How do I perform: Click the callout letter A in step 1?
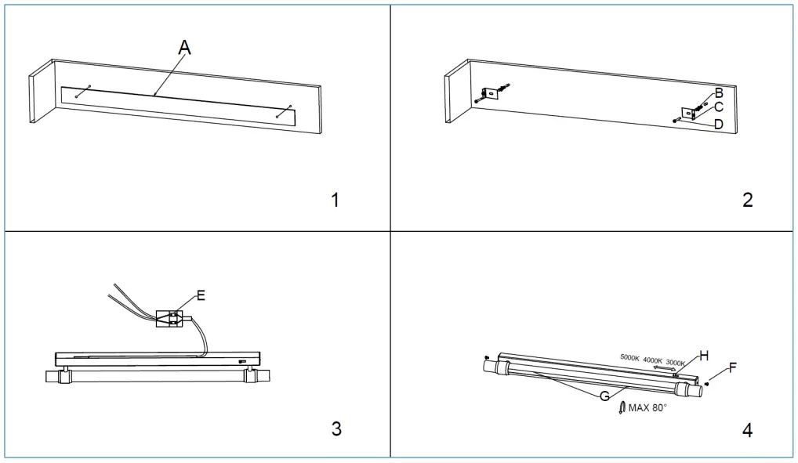tap(184, 49)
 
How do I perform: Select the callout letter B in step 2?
tap(719, 92)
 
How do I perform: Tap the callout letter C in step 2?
tap(719, 107)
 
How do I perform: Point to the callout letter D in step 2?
tap(719, 124)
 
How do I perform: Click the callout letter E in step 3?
tap(201, 295)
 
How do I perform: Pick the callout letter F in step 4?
tap(733, 367)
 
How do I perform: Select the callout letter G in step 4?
tap(604, 396)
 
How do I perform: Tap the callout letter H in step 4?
tap(704, 355)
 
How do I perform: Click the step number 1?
tap(336, 200)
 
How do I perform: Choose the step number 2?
tap(747, 200)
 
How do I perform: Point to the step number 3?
tap(336, 429)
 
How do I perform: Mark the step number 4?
tap(747, 429)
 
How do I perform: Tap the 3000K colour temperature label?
tap(675, 363)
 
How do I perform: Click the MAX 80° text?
tap(647, 407)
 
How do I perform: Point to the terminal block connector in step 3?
tap(170, 317)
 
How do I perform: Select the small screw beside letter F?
tap(707, 383)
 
